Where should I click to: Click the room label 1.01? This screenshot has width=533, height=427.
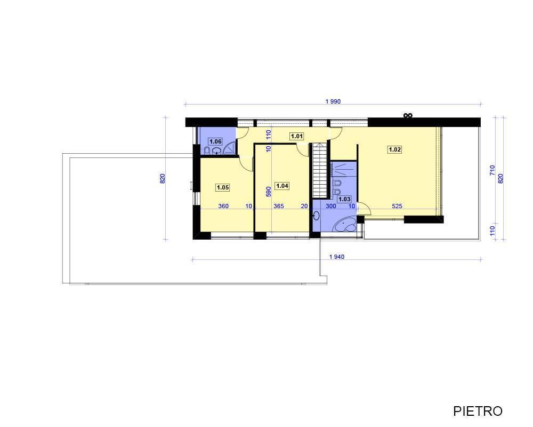(297, 136)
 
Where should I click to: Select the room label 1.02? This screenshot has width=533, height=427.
(394, 149)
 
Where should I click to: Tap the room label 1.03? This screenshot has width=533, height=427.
(344, 199)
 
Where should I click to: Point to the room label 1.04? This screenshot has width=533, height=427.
(282, 186)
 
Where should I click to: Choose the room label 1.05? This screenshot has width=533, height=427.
(223, 187)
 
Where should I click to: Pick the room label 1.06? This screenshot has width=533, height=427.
(215, 141)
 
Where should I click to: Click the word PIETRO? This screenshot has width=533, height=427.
(478, 411)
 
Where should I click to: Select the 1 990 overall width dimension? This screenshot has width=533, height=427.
(333, 101)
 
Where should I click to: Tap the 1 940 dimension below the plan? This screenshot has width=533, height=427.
(336, 257)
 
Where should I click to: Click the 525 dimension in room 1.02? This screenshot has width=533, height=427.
(397, 206)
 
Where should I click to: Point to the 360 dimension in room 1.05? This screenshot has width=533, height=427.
(223, 206)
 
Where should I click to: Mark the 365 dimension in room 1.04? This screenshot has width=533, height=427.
(279, 206)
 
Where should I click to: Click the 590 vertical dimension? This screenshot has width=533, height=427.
(269, 192)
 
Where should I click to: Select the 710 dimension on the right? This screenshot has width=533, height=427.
(492, 170)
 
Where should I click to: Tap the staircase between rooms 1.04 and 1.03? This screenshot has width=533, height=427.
(320, 170)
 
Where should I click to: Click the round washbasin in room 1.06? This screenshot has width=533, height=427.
(216, 151)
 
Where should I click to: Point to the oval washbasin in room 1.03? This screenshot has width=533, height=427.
(317, 215)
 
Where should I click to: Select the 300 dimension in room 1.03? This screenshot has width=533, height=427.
(331, 206)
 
